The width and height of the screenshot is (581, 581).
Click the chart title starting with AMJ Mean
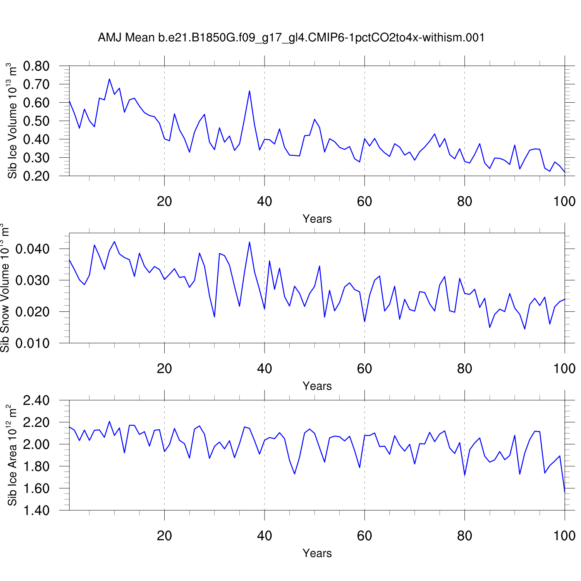point(291,38)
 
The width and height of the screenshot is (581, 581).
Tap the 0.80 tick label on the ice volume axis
point(36,66)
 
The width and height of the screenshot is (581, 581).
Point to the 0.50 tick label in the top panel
point(36,121)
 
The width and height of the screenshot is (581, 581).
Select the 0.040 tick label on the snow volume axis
point(33,249)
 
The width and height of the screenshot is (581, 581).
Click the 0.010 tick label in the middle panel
point(33,344)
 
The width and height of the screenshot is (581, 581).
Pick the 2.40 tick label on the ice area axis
point(36,401)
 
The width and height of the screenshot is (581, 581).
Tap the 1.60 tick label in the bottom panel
point(36,488)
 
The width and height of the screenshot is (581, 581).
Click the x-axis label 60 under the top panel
point(364,201)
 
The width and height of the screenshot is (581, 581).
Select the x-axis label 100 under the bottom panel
point(564,536)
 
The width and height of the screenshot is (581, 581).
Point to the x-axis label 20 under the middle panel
point(164,369)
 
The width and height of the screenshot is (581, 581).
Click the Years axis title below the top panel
point(317,219)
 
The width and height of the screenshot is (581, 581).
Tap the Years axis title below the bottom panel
point(317,553)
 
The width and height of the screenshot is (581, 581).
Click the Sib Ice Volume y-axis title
point(12,121)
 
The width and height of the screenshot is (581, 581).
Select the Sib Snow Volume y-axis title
point(5,288)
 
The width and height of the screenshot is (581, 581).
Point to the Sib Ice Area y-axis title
point(12,455)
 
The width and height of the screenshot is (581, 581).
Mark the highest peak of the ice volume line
point(109,79)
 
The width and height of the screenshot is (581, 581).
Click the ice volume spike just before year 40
point(249,91)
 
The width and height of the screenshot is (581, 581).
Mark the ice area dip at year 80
point(464,475)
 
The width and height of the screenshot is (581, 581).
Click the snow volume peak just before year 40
point(249,242)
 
